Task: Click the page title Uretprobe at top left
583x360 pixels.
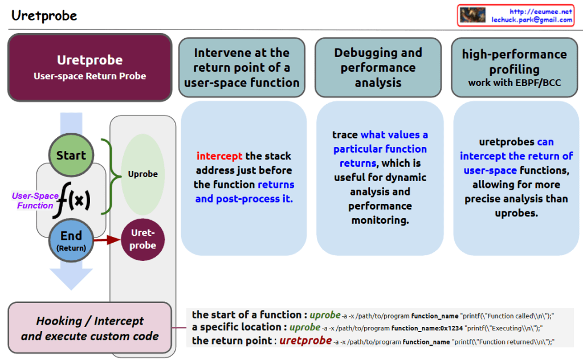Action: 44,15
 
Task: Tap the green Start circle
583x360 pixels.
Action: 71,156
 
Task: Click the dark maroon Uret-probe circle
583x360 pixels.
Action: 143,240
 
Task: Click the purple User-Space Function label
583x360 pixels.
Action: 35,201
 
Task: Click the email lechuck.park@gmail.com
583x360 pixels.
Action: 532,19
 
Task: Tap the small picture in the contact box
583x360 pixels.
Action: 472,15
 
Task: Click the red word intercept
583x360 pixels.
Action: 219,156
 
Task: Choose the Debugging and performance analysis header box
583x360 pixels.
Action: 378,67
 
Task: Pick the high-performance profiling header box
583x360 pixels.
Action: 514,67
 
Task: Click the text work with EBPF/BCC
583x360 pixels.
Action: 514,83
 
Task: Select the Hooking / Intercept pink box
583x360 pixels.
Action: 89,328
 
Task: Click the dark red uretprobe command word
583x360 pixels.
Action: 305,341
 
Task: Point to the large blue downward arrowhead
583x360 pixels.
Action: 71,278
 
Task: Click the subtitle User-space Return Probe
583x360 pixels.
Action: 89,76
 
